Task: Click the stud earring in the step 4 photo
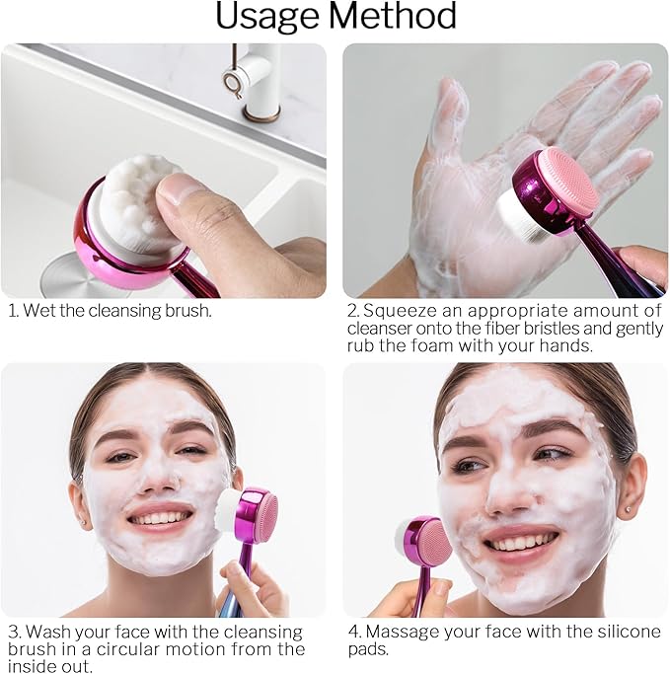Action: pos(628,514)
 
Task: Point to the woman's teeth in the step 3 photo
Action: pos(160,517)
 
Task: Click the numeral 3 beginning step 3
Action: pos(13,632)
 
